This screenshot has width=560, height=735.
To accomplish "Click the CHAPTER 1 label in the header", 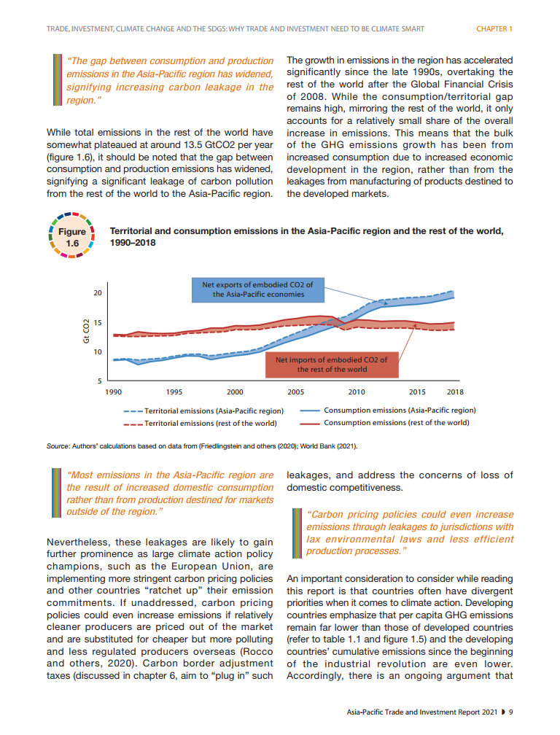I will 494,29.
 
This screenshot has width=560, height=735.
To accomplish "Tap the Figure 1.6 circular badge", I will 71,238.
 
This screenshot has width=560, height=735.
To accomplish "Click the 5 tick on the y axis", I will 98,381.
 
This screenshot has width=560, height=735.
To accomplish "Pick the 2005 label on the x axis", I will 295,392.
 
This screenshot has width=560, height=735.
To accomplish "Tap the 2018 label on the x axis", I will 454,392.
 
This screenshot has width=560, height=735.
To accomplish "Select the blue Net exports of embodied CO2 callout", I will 257,289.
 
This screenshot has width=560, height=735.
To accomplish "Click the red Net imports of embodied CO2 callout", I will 331,364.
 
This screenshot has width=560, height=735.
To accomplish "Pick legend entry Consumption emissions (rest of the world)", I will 396,423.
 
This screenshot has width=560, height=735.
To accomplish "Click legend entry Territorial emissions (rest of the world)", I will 210,423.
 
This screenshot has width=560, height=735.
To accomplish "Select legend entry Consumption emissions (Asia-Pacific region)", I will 400,411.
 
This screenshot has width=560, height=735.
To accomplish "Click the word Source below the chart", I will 57,446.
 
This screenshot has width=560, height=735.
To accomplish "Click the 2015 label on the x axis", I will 417,392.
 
